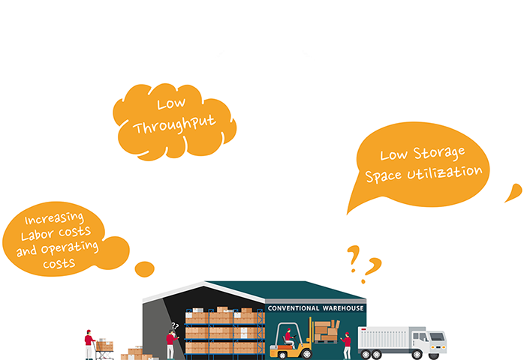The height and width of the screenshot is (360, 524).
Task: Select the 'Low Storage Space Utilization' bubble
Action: tap(421, 163)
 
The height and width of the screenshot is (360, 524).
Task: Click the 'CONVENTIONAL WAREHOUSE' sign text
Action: tap(316, 308)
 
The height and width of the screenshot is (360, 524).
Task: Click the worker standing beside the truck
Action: tap(346, 344)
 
